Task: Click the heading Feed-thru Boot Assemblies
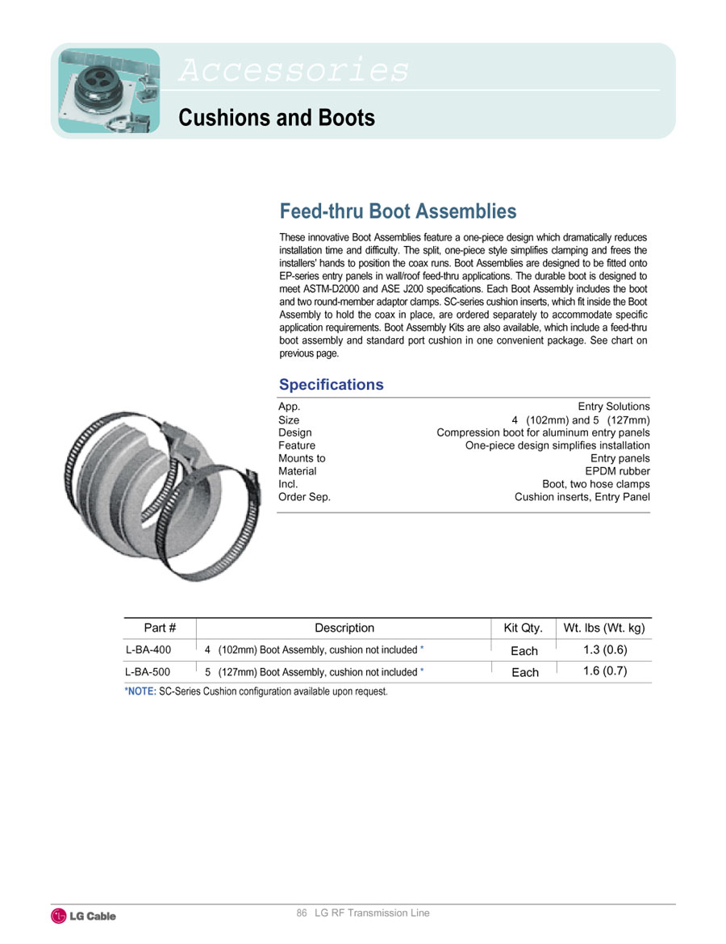click(398, 211)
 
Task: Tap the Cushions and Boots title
click(276, 118)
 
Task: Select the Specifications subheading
click(331, 385)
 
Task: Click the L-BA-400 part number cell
click(148, 650)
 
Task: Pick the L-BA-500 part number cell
click(148, 671)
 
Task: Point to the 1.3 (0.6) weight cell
click(604, 650)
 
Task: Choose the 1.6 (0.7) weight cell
click(604, 670)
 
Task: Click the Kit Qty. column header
click(523, 628)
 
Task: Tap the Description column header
click(344, 628)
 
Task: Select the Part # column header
click(160, 628)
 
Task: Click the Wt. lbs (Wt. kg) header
click(604, 628)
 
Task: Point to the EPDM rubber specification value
click(617, 471)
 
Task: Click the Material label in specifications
click(298, 471)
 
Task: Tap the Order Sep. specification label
click(304, 497)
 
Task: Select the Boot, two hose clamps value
click(595, 484)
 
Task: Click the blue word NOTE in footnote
click(141, 691)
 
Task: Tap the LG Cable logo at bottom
click(84, 916)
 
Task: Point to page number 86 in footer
click(302, 913)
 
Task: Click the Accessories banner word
click(294, 70)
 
